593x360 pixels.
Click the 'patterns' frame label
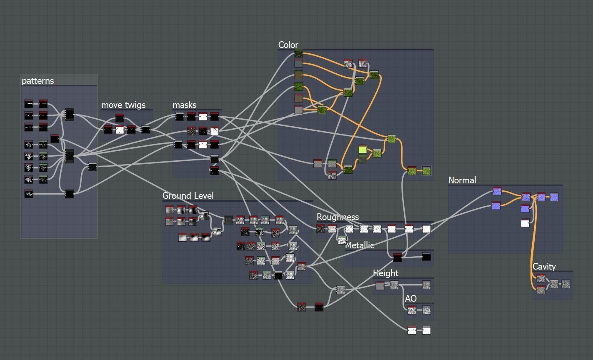[38, 81]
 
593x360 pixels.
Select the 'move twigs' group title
[123, 105]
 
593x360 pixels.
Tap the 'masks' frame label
[184, 105]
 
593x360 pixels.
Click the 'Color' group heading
[288, 45]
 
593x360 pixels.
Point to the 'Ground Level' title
[188, 196]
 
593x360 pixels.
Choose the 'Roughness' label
[338, 217]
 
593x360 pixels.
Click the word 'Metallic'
[360, 245]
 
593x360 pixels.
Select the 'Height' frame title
[385, 273]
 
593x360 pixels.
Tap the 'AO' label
[410, 299]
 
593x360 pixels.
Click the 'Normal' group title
[462, 180]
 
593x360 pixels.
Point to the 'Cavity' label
[544, 267]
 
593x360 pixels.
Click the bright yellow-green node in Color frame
[363, 149]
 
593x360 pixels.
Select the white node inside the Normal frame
[525, 223]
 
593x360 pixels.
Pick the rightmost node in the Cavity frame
[565, 284]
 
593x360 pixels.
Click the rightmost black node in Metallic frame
[426, 257]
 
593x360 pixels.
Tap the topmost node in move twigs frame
[120, 118]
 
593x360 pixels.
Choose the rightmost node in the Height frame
[426, 285]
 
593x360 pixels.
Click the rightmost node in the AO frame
[426, 310]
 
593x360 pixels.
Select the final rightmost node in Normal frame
[554, 197]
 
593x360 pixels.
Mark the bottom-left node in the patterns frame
[28, 194]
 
